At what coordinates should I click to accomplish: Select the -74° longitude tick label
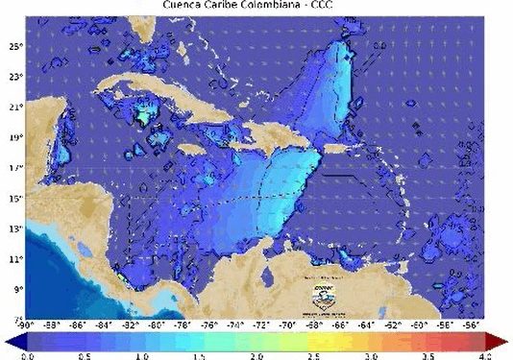(x=233, y=324)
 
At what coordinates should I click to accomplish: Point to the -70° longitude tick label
(x=285, y=324)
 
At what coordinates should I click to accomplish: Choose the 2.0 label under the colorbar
(x=256, y=354)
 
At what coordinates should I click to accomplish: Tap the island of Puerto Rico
(x=338, y=149)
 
